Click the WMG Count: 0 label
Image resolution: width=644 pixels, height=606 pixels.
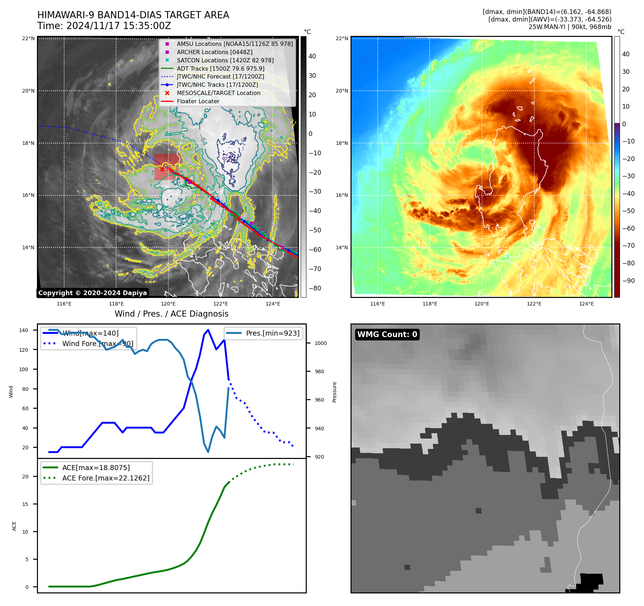point(387,335)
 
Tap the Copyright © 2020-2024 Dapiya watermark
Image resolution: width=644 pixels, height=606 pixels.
point(92,293)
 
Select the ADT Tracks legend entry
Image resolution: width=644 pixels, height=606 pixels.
point(220,68)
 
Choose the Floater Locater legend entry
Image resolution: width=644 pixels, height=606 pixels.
point(198,101)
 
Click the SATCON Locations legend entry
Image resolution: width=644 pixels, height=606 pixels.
point(225,60)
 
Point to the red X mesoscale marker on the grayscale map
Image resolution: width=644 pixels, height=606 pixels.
point(162,169)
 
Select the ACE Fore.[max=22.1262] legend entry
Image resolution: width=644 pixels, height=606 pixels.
point(106,478)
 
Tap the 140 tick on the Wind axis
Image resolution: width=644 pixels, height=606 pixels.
point(23,330)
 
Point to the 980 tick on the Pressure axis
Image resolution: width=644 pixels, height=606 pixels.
point(319,371)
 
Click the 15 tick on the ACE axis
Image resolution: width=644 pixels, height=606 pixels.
point(25,504)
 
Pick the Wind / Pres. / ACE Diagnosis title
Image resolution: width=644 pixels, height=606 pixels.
point(171,314)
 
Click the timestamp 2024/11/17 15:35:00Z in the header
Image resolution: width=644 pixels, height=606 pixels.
point(119,26)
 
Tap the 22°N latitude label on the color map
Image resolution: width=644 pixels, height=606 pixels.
point(342,39)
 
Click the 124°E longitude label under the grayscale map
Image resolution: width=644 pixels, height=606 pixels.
point(273,304)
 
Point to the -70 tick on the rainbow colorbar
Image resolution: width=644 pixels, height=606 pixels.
point(628,246)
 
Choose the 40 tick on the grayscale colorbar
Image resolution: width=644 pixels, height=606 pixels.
point(312,56)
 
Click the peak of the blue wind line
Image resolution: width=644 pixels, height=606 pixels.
point(208,330)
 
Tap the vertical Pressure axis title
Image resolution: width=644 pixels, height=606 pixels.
point(334,392)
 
